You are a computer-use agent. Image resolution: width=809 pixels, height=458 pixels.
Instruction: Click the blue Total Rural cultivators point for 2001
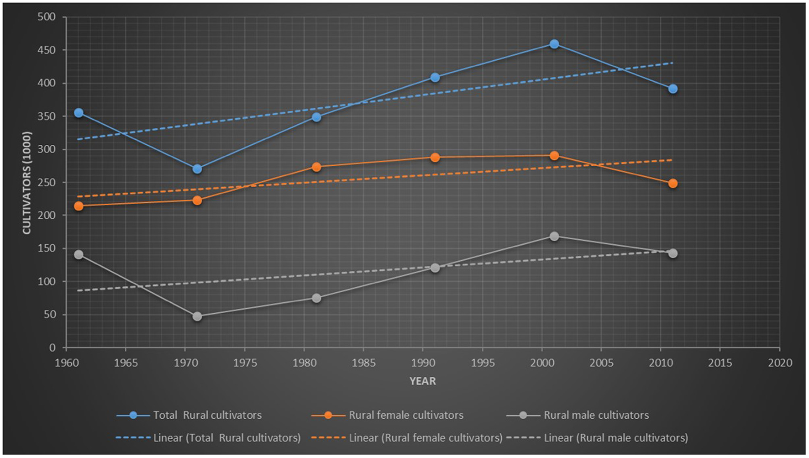coord(554,44)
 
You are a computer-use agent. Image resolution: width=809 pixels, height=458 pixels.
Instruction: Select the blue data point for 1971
coord(197,169)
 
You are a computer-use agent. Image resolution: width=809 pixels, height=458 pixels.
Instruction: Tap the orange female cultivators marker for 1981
coord(316,167)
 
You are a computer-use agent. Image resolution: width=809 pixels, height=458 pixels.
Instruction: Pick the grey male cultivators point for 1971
coord(197,316)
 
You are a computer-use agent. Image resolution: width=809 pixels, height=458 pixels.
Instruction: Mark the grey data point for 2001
coord(554,236)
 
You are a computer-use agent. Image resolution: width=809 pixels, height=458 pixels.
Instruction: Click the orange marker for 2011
coord(672,184)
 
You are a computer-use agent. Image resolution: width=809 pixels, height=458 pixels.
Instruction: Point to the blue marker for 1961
coord(79,113)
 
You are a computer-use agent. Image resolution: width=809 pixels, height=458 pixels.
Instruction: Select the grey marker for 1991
coord(435,268)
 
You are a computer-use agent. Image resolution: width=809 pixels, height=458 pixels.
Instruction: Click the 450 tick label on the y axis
coord(46,50)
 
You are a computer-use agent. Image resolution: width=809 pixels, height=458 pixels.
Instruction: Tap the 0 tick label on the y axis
coord(52,348)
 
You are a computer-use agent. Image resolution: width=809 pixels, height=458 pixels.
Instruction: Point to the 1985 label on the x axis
coord(363,363)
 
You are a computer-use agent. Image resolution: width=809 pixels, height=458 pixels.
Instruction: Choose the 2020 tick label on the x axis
coord(780,363)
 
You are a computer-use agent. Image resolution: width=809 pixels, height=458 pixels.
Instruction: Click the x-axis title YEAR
coord(422,381)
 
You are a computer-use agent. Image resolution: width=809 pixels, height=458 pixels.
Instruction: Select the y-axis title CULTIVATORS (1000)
coord(27,183)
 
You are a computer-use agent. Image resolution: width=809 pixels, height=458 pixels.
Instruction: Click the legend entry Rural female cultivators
coord(405,415)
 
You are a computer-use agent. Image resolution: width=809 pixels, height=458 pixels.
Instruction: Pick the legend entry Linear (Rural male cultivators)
coord(615,438)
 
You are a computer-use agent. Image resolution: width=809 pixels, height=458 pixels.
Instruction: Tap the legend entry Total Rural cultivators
coord(207,415)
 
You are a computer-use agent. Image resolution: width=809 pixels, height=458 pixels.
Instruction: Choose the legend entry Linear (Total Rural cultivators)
coord(226,438)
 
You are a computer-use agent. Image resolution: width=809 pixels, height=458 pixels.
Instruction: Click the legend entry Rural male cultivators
coord(596,415)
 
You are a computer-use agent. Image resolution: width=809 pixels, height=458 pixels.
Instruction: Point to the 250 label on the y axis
coord(46,183)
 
